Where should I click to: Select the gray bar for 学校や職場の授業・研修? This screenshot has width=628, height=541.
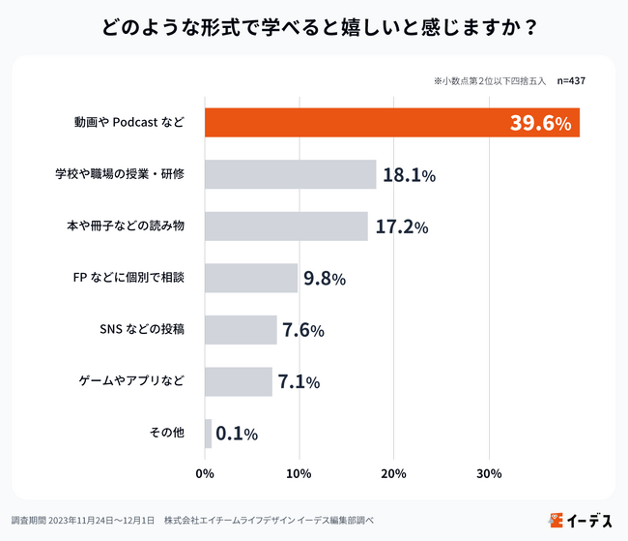pyautogui.click(x=290, y=174)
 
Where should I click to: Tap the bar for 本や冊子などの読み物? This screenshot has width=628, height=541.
pyautogui.click(x=286, y=226)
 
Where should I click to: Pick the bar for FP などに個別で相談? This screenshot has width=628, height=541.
pyautogui.click(x=251, y=278)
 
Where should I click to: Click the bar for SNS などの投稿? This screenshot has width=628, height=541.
pyautogui.click(x=241, y=330)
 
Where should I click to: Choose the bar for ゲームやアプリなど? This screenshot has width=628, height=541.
pyautogui.click(x=239, y=381)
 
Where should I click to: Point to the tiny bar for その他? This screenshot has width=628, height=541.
pyautogui.click(x=208, y=434)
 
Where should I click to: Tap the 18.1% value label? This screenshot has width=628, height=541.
pyautogui.click(x=409, y=175)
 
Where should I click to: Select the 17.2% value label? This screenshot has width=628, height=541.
pyautogui.click(x=400, y=227)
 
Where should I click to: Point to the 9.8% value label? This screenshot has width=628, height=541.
pyautogui.click(x=325, y=279)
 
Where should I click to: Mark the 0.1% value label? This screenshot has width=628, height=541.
pyautogui.click(x=237, y=434)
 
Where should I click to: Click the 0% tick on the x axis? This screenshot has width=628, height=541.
pyautogui.click(x=205, y=474)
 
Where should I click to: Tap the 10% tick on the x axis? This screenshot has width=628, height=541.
pyautogui.click(x=299, y=474)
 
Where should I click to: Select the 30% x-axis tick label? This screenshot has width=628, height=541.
pyautogui.click(x=489, y=474)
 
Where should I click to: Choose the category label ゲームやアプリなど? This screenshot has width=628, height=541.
pyautogui.click(x=131, y=381)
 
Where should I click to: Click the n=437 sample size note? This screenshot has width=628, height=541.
pyautogui.click(x=571, y=81)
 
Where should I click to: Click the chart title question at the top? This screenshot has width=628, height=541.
pyautogui.click(x=314, y=27)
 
